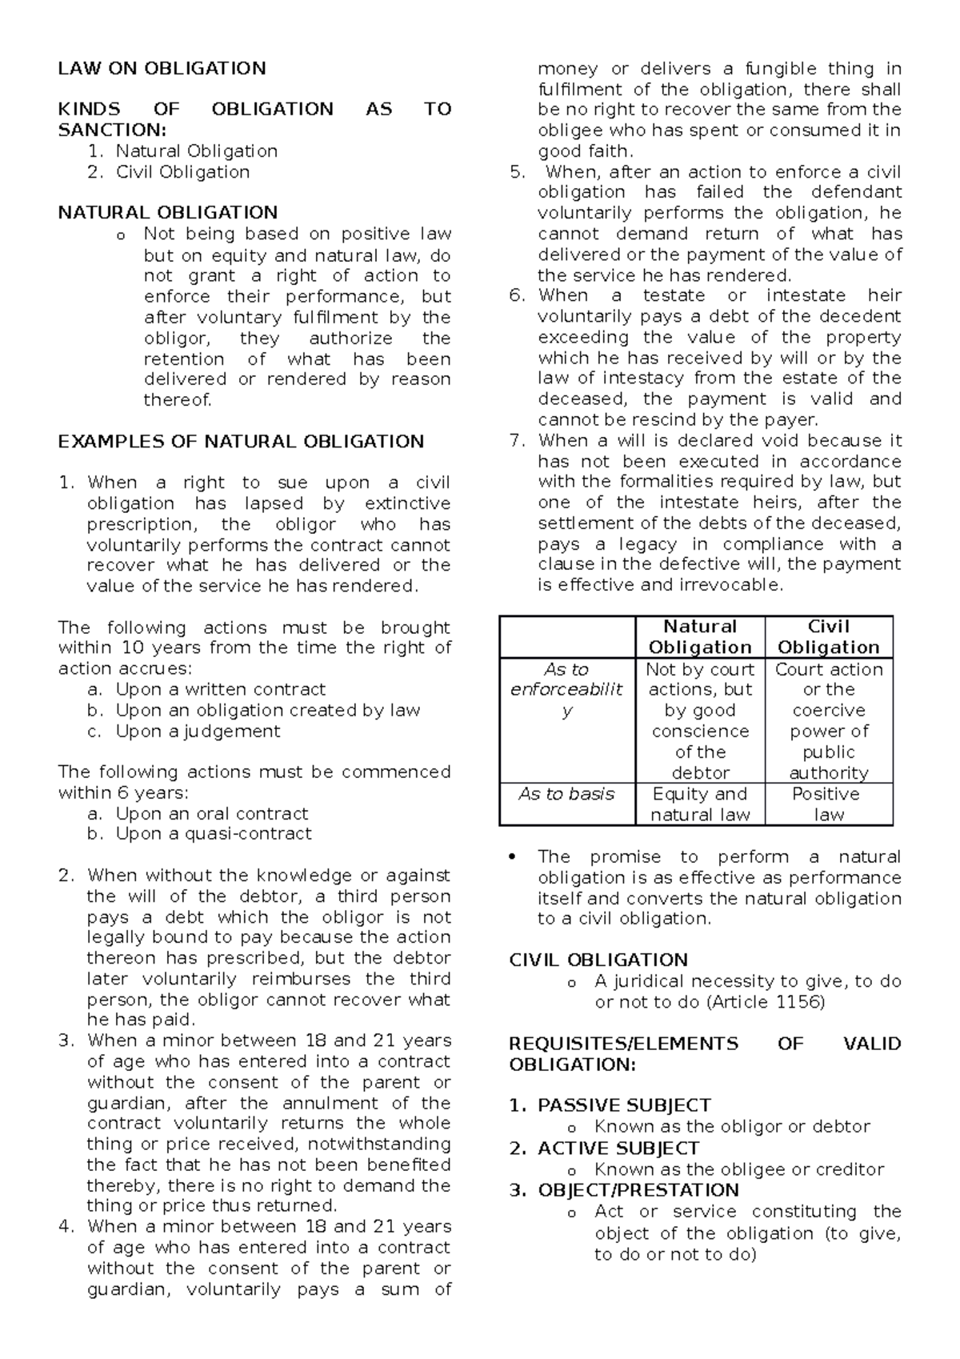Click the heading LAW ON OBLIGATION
[x=162, y=68]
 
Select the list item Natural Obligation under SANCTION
[x=196, y=151]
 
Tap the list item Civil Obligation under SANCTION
[x=182, y=172]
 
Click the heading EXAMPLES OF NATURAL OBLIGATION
[x=241, y=442]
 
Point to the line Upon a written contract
[x=220, y=690]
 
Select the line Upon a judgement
[x=198, y=732]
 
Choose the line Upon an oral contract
[x=211, y=814]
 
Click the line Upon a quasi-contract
[x=214, y=834]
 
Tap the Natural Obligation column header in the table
[x=700, y=637]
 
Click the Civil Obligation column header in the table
[x=829, y=637]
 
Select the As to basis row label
[x=566, y=794]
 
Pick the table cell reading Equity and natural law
[x=700, y=804]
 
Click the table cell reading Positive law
[x=829, y=804]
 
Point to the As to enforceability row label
[x=566, y=690]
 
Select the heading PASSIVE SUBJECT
[x=624, y=1105]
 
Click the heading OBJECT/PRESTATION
[x=638, y=1190]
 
